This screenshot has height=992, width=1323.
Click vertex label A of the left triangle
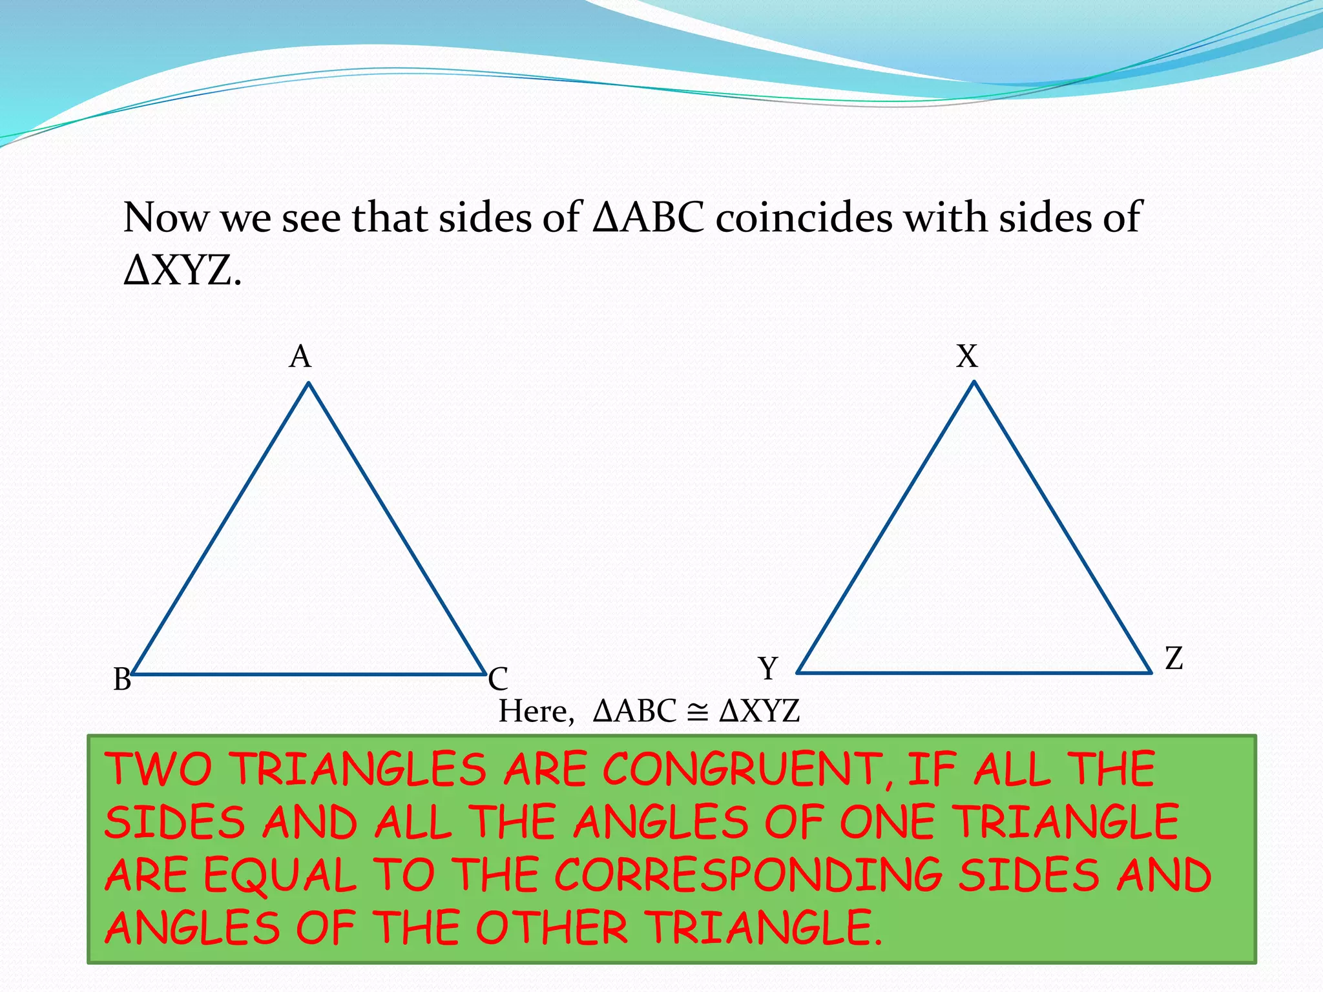tap(300, 356)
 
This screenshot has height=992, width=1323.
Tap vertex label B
tap(122, 679)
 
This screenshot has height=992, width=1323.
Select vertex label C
tap(498, 679)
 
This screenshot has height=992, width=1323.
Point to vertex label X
tap(967, 356)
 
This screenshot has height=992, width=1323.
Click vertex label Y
tap(768, 668)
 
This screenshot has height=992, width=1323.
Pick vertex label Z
tap(1174, 659)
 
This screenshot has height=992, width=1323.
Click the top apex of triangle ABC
tap(309, 384)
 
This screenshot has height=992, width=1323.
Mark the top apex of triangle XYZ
tap(974, 382)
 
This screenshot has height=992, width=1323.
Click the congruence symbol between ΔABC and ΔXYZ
tap(697, 712)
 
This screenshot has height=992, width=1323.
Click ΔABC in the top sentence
tap(648, 217)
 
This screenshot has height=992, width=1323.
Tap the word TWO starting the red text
tap(159, 770)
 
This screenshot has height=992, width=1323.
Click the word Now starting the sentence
tap(165, 217)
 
